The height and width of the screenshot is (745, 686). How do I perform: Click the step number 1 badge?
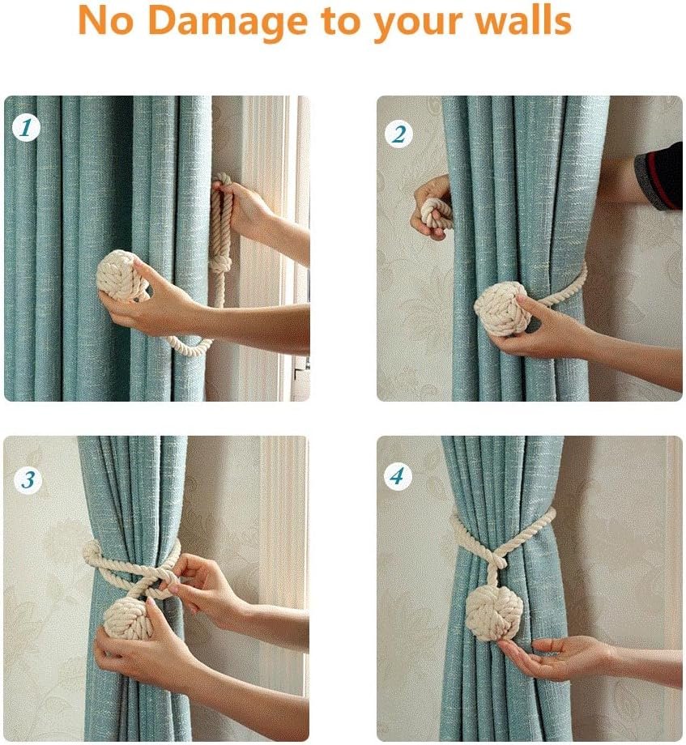point(26,127)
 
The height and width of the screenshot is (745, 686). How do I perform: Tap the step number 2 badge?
point(398,133)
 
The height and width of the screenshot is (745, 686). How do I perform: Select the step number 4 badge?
point(397,476)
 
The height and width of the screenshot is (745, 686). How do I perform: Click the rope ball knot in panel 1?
point(121,276)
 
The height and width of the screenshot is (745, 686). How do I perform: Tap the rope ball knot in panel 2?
point(502,309)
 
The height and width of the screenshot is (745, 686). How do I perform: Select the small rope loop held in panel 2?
point(437,212)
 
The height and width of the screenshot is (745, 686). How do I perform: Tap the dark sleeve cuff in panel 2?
point(658,177)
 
